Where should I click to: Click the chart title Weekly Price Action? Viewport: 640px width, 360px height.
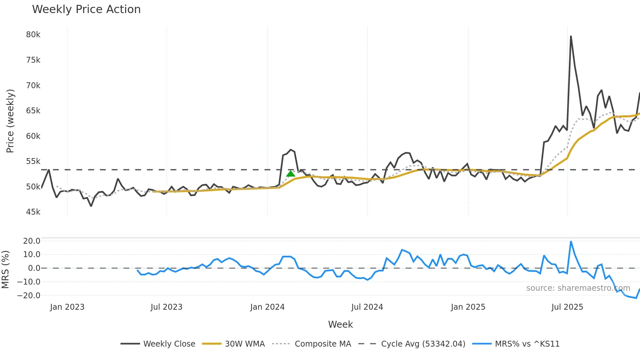pyautogui.click(x=86, y=9)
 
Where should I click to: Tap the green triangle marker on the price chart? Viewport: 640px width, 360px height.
pyautogui.click(x=291, y=173)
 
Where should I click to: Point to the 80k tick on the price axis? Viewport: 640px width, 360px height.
pyautogui.click(x=33, y=35)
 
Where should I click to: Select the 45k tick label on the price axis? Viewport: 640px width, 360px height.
pyautogui.click(x=33, y=212)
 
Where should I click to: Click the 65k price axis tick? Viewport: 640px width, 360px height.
pyautogui.click(x=33, y=111)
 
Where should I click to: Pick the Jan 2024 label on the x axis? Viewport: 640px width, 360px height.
pyautogui.click(x=267, y=307)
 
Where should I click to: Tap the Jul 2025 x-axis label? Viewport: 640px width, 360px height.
pyautogui.click(x=567, y=307)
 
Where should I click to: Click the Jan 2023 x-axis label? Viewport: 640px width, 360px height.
pyautogui.click(x=67, y=307)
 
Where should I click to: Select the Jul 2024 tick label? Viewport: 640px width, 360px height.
pyautogui.click(x=367, y=307)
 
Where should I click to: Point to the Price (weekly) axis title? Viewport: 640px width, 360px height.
pyautogui.click(x=10, y=121)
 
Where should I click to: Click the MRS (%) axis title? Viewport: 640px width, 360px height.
pyautogui.click(x=6, y=270)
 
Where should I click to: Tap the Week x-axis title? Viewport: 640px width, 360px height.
pyautogui.click(x=340, y=324)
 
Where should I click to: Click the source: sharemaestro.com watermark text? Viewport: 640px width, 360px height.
pyautogui.click(x=578, y=288)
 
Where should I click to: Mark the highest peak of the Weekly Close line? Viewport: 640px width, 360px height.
pyautogui.click(x=571, y=36)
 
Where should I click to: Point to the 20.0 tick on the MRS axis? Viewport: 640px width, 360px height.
pyautogui.click(x=32, y=241)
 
